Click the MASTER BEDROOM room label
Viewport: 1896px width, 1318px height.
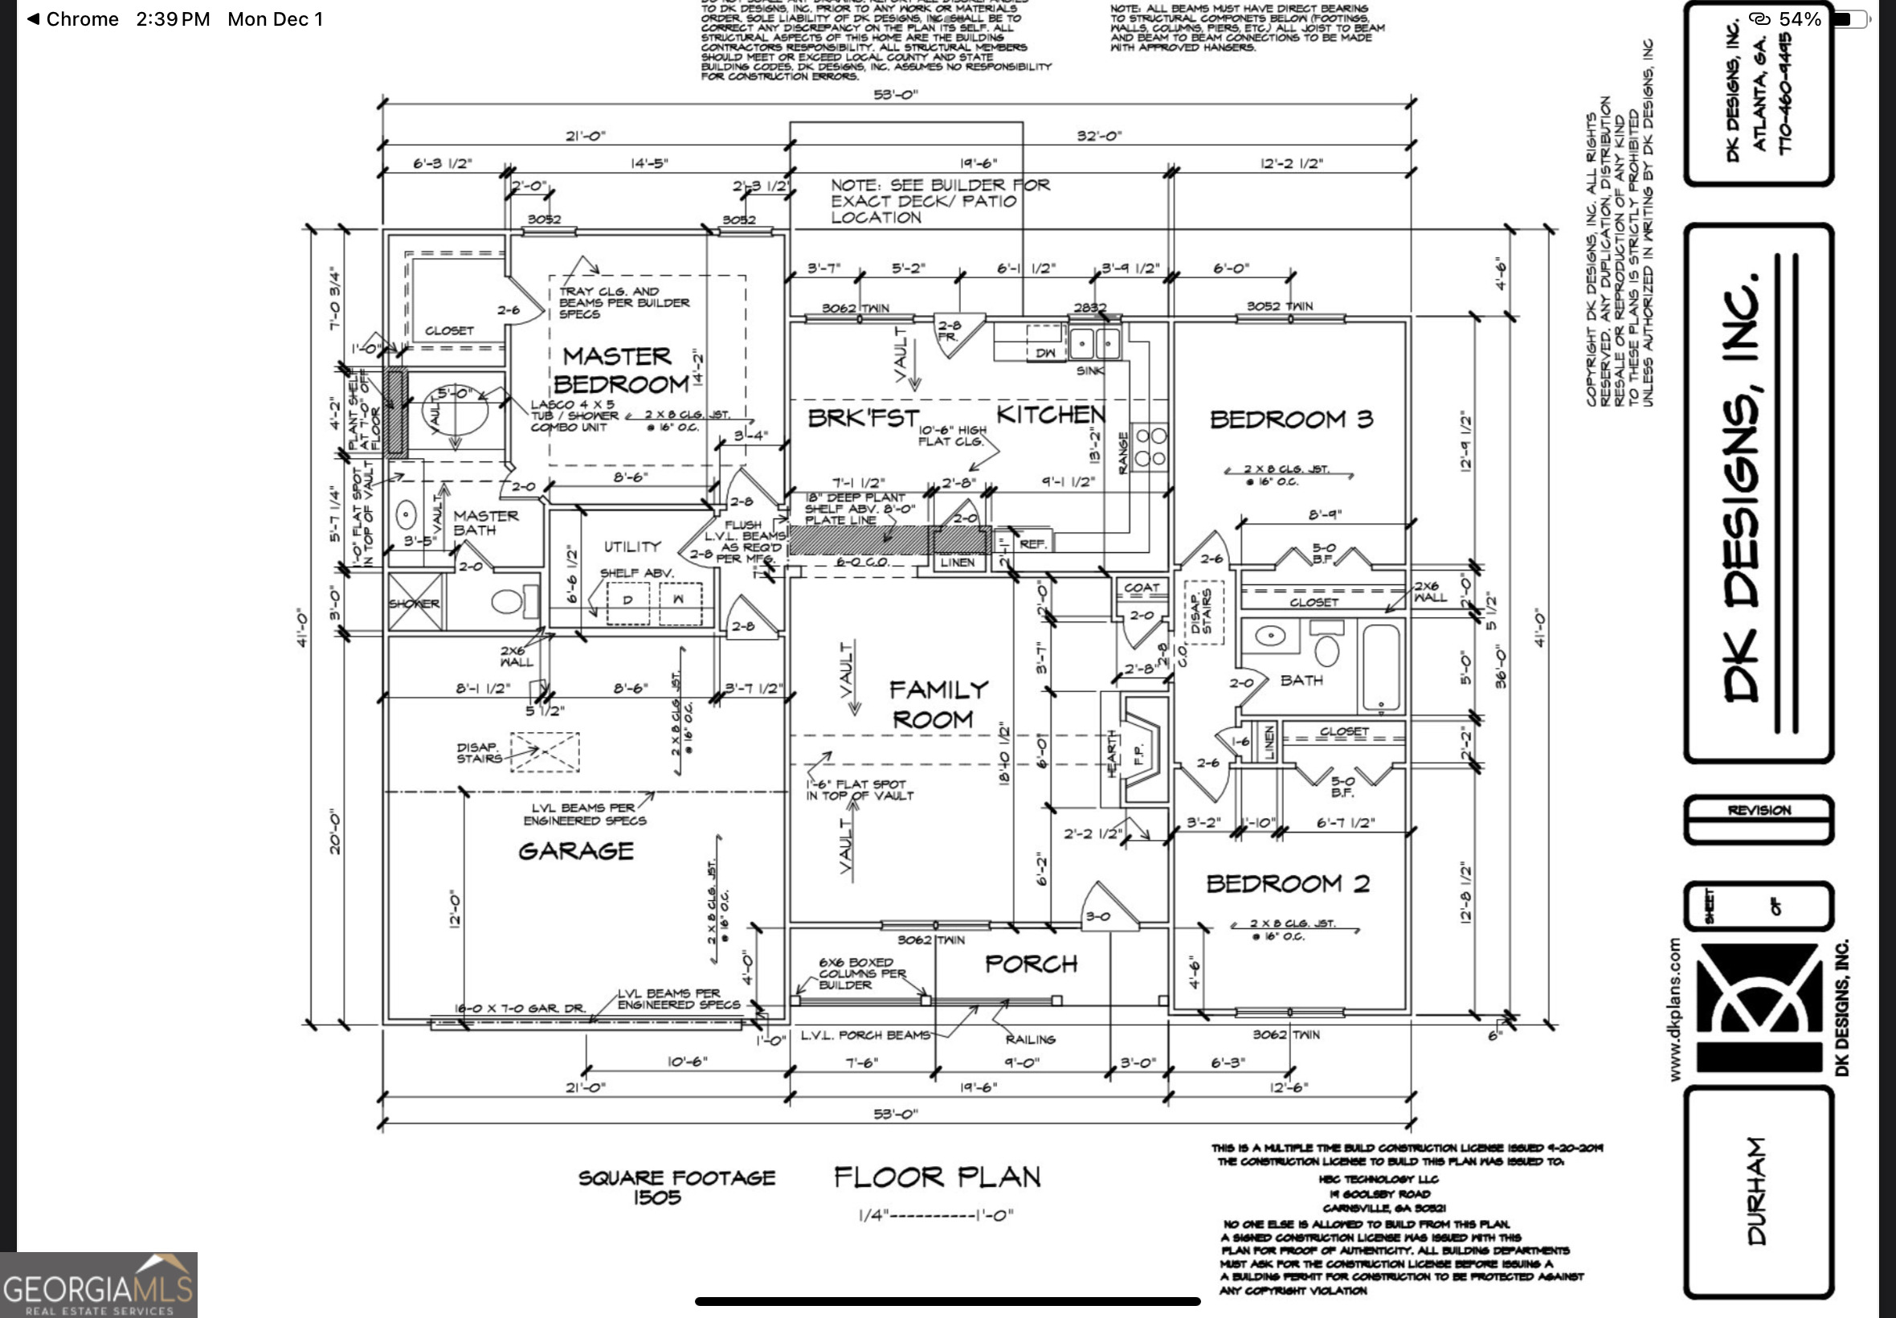[x=619, y=370]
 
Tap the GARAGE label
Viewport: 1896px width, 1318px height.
[x=575, y=850]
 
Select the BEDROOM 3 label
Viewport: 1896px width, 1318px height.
[x=1291, y=420]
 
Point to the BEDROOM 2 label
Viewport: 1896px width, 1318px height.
[x=1288, y=883]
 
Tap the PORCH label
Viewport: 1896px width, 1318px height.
[x=1031, y=964]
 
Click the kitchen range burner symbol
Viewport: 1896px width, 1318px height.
[x=1150, y=447]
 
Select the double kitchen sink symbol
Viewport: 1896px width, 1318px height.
[x=1094, y=342]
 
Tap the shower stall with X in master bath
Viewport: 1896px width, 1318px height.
[x=415, y=603]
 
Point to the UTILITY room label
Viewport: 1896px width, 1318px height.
[x=631, y=546]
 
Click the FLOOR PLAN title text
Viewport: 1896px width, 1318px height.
[x=937, y=1177]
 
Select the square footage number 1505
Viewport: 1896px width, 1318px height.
[x=657, y=1197]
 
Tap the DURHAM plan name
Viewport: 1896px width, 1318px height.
[x=1756, y=1191]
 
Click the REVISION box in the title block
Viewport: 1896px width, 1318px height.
[x=1758, y=810]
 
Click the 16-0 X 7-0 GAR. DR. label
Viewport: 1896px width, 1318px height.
[x=520, y=1009]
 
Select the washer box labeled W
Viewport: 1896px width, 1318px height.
[x=680, y=601]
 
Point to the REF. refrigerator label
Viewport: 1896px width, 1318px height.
[x=1032, y=543]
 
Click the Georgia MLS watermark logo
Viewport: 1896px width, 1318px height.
[x=98, y=1285]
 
